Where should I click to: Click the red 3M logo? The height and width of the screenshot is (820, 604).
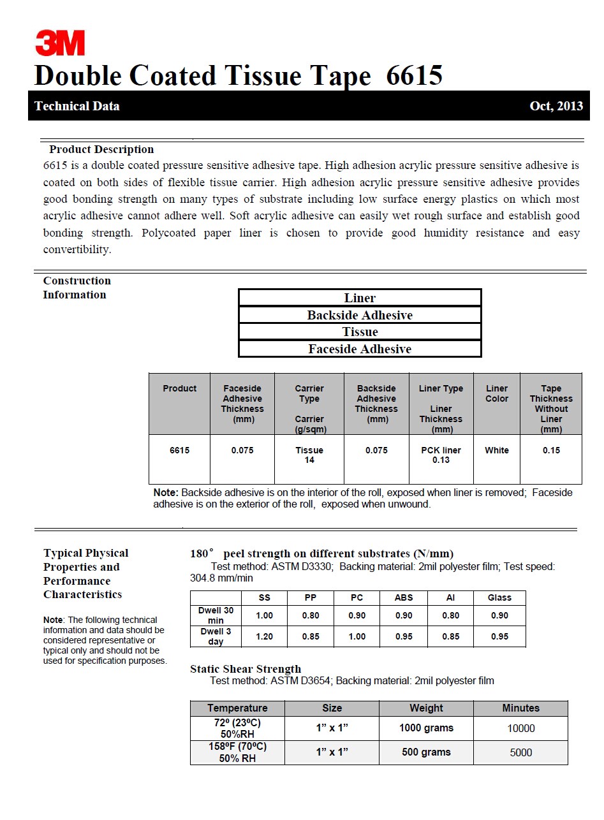point(60,43)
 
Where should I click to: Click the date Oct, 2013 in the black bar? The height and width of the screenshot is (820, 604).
point(556,106)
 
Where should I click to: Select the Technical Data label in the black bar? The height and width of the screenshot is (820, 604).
point(77,106)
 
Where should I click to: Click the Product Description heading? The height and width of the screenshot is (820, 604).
point(101,149)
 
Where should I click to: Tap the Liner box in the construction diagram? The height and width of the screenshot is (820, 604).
point(360,298)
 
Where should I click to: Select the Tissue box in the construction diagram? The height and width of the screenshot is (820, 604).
point(360,332)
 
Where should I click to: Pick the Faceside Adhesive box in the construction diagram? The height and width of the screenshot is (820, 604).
point(360,349)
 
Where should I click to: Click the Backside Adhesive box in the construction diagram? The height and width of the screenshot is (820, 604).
point(360,315)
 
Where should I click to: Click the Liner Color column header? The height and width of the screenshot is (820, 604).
point(497,393)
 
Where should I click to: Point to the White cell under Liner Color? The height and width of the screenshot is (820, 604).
point(497,450)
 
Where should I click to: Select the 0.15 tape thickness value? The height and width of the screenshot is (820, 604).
point(551,450)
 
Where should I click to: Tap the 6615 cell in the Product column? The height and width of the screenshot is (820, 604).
point(179,450)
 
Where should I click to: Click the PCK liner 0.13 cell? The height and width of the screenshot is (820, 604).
point(441,455)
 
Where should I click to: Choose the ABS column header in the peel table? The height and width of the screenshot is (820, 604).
point(404,597)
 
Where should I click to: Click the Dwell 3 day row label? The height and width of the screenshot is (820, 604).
point(216,636)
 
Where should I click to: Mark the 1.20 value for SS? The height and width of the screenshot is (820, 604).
point(264,636)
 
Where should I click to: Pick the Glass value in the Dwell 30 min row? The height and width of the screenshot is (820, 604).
point(499,615)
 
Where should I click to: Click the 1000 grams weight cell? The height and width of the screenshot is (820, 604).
point(426,728)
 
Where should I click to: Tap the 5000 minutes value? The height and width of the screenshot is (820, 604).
point(520,752)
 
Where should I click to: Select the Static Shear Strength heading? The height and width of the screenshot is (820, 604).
point(246,669)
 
